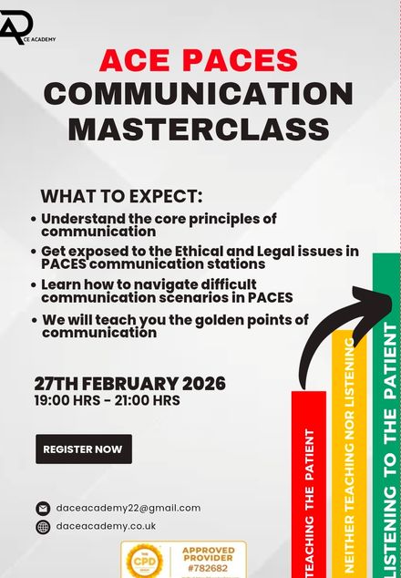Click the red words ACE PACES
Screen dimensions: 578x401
tap(199, 60)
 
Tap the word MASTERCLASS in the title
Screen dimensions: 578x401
tap(198, 129)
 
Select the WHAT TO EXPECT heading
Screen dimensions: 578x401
tap(121, 197)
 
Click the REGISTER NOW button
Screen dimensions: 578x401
tap(83, 449)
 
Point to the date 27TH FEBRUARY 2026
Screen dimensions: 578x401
tap(129, 383)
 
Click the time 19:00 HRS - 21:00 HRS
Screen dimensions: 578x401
tap(107, 400)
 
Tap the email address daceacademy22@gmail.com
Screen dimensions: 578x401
tap(128, 508)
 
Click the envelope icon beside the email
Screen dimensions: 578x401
tap(43, 509)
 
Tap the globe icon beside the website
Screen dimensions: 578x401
tap(43, 527)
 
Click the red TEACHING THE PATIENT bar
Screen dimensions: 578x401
tap(308, 483)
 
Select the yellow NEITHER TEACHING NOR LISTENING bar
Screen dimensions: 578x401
tap(347, 456)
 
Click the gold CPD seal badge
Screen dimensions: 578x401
tap(144, 560)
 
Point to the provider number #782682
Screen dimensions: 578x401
tap(208, 566)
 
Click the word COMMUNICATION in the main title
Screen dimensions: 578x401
tap(199, 94)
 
